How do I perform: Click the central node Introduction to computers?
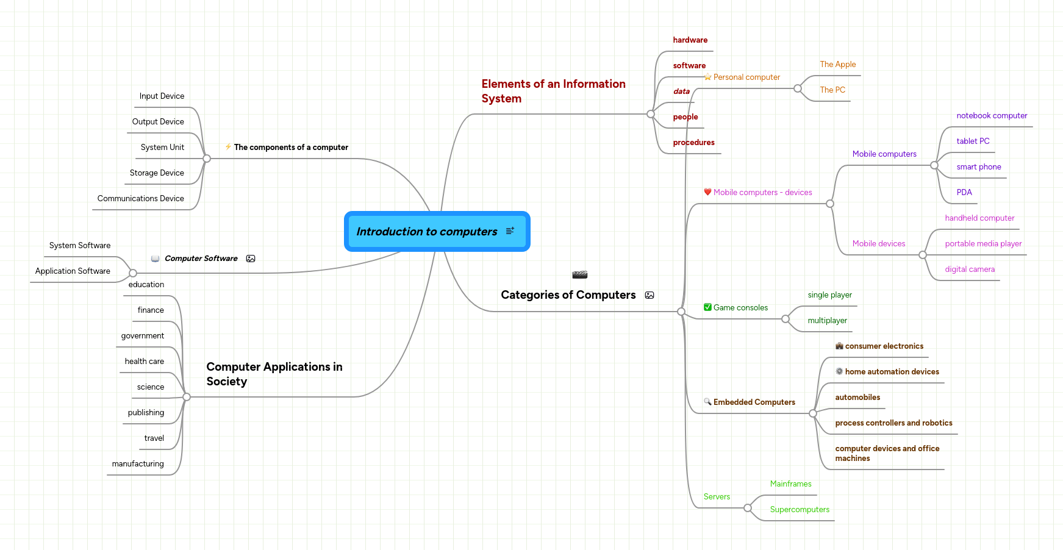(x=427, y=232)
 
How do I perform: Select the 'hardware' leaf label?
(x=690, y=40)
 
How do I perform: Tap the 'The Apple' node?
(x=837, y=65)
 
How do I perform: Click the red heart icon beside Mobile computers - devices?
(x=707, y=192)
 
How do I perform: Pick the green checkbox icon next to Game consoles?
(x=707, y=307)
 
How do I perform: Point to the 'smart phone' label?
(x=978, y=167)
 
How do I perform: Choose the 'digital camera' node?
(x=969, y=270)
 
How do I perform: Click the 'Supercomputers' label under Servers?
(x=799, y=510)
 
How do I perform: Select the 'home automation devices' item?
(x=892, y=372)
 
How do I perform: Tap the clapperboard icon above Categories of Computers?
(x=579, y=275)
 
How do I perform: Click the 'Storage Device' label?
(x=157, y=173)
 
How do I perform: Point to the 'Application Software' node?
(x=73, y=271)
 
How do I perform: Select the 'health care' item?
(x=144, y=362)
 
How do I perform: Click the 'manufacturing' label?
(x=138, y=464)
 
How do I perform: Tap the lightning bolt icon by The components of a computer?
(x=228, y=147)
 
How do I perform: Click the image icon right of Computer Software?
(x=251, y=259)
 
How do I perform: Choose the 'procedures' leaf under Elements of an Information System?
(x=693, y=143)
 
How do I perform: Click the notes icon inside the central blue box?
(x=510, y=231)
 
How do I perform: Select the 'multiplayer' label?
(x=827, y=321)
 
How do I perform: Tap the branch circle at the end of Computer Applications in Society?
(x=187, y=397)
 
